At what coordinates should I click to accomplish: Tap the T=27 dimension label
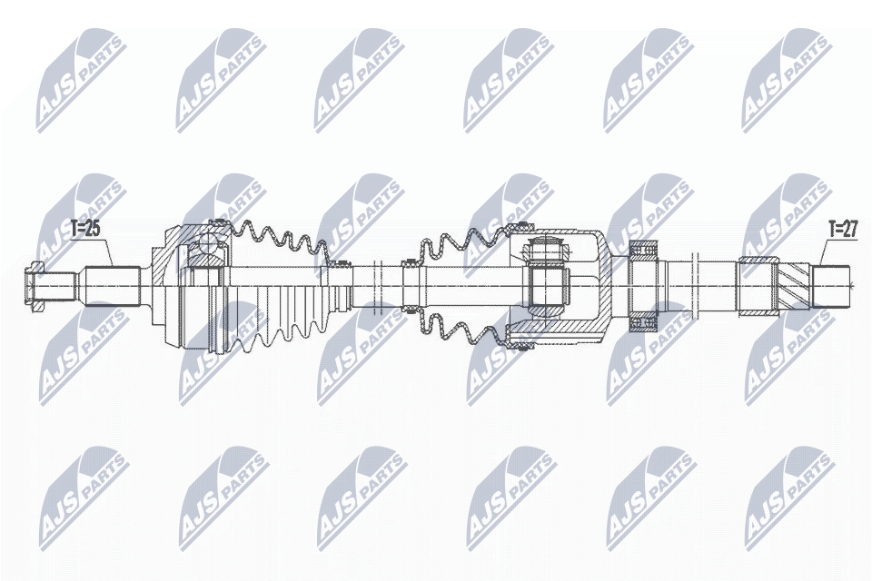[842, 229]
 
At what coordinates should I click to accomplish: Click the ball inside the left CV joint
[208, 243]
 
